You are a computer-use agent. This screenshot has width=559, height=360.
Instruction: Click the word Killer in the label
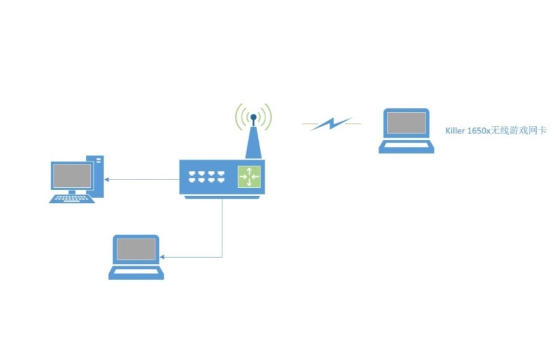click(455, 130)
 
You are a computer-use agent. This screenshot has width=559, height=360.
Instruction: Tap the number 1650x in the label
click(479, 130)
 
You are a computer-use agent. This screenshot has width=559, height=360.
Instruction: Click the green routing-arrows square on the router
click(249, 177)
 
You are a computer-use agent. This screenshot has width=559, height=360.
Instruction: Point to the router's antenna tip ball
click(253, 117)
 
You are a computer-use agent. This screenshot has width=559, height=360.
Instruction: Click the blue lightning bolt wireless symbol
click(331, 124)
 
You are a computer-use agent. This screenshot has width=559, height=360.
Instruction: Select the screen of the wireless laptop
click(406, 123)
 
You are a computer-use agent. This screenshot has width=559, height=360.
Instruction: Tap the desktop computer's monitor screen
click(72, 176)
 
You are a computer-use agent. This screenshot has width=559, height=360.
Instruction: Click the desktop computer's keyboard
click(72, 199)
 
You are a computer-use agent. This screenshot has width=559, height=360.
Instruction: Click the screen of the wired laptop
click(136, 249)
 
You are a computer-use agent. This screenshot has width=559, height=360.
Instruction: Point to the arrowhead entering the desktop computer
click(106, 179)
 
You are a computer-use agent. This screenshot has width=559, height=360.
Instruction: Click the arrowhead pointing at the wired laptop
click(162, 257)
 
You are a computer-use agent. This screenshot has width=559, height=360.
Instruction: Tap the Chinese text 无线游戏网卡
click(518, 130)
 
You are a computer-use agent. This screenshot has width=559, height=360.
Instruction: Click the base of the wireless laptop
click(406, 146)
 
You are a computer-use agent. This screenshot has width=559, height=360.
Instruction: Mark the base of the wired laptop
click(136, 273)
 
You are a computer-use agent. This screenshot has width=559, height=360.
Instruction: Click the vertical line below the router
click(222, 228)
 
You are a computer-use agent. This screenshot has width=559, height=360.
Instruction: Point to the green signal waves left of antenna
click(241, 116)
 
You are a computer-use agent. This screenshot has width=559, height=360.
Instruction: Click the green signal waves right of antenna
click(266, 116)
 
